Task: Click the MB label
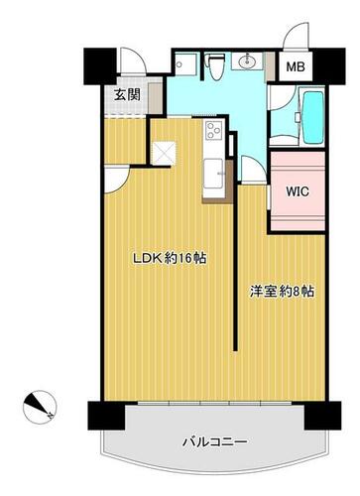coord(296,67)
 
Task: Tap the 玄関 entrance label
coord(127,95)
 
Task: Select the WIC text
coord(298,191)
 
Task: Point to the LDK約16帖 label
coord(170,258)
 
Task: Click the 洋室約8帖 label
coord(282,292)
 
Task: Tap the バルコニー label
coord(215,442)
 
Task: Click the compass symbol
coord(40,407)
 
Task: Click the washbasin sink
coord(246,62)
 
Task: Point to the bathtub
coord(313,117)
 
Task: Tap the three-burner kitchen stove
coord(213,130)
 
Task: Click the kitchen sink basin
coord(213,174)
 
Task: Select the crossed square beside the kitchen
coord(163,153)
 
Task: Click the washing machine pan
coord(185,64)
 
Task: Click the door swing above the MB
coord(296,36)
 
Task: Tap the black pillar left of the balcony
coord(106,416)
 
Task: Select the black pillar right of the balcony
coord(322,416)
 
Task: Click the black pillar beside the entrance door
coord(100,66)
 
